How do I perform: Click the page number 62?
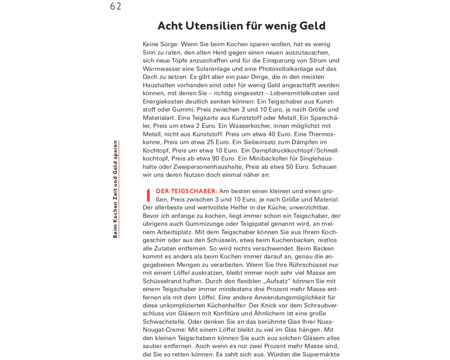click(116, 6)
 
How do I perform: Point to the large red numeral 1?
click(148, 195)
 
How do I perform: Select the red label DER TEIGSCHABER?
click(187, 191)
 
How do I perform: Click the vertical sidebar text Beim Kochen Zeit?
click(115, 205)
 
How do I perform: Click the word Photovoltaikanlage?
click(287, 69)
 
